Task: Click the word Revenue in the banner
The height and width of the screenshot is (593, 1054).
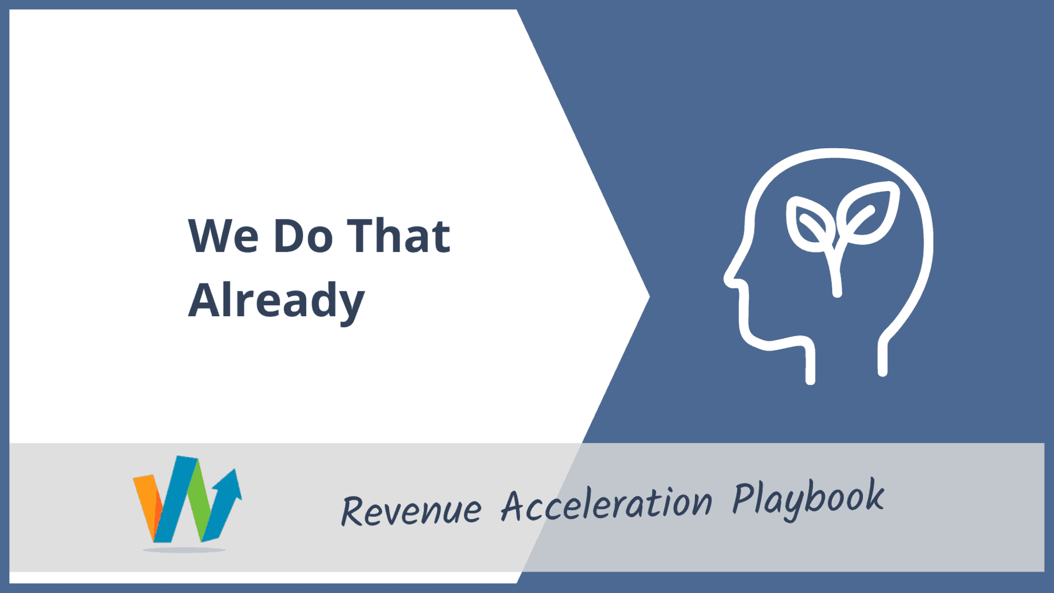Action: click(411, 510)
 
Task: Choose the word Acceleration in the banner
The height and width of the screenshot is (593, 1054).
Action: click(606, 504)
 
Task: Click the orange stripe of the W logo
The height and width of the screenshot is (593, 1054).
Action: click(147, 505)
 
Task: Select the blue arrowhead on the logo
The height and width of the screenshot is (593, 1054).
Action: click(229, 484)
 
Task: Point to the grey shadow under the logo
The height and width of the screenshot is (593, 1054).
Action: click(184, 550)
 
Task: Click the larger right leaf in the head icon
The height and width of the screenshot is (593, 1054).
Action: click(870, 213)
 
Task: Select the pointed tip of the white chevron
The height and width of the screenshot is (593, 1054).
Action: click(649, 296)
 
